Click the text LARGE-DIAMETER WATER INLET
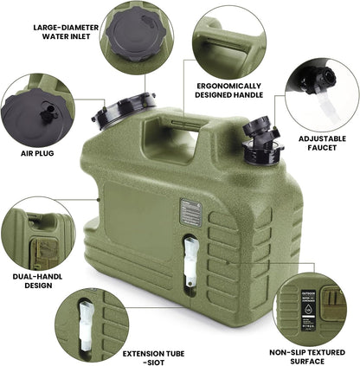[x=64, y=32]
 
